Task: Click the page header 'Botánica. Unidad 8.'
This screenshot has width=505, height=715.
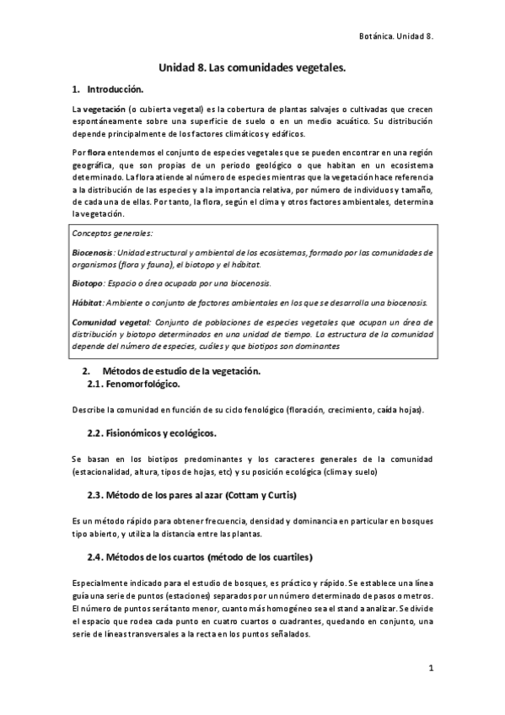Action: [395, 37]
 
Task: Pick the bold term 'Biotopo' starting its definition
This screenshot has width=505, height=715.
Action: [88, 282]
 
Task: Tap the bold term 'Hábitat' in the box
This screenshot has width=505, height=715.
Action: [88, 302]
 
